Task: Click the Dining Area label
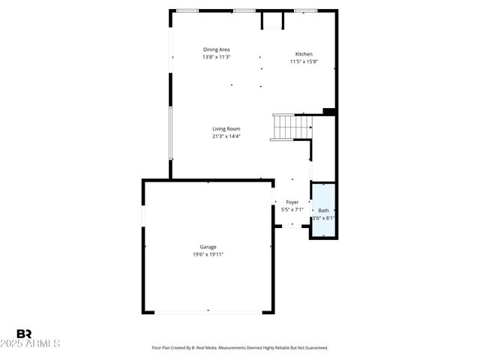point(216,49)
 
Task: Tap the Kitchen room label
point(304,54)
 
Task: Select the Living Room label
point(226,129)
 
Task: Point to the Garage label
point(208,247)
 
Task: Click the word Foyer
point(292,202)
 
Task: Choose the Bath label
point(323,211)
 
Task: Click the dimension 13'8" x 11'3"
point(216,57)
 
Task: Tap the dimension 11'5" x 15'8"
point(304,61)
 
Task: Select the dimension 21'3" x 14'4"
point(226,136)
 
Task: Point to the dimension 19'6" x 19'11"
point(208,254)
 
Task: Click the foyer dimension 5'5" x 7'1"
point(292,210)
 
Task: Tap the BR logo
point(24,334)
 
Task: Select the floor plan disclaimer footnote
point(240,348)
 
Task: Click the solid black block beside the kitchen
point(328,112)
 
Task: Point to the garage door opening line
point(208,311)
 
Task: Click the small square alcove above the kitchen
point(271,20)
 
